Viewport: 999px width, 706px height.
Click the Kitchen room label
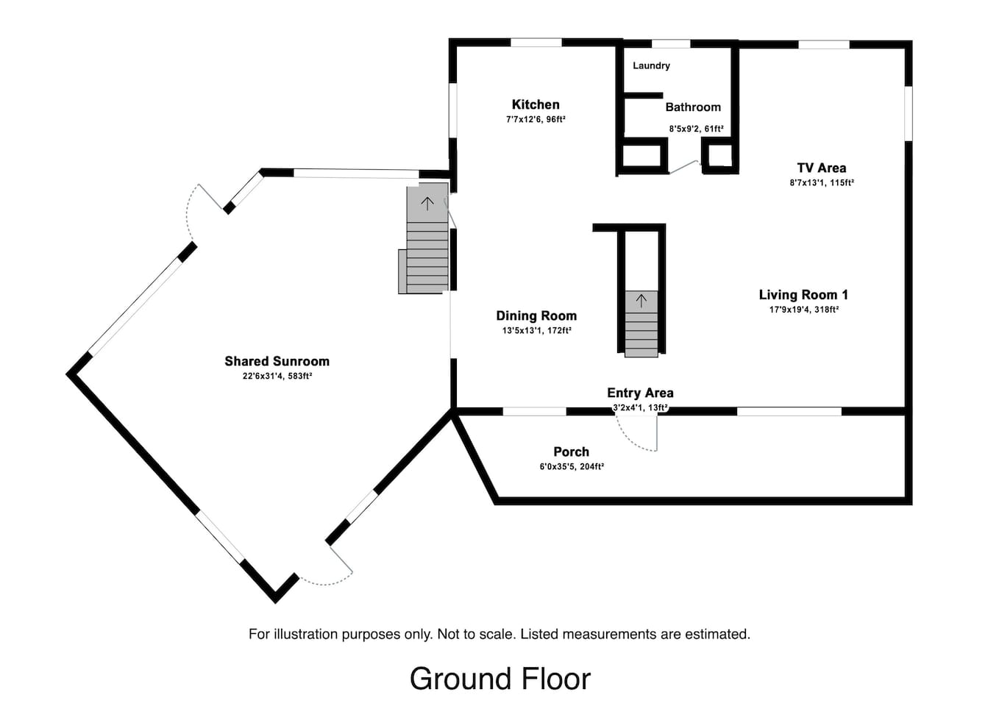pyautogui.click(x=536, y=104)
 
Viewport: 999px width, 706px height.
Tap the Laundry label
pyautogui.click(x=651, y=65)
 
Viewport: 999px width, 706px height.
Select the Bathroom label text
pyautogui.click(x=693, y=107)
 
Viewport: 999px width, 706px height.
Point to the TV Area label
pyautogui.click(x=822, y=168)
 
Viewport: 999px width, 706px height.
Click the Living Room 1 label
pyautogui.click(x=803, y=295)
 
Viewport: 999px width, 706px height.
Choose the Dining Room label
pyautogui.click(x=536, y=315)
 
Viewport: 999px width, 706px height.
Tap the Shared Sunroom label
pyautogui.click(x=277, y=361)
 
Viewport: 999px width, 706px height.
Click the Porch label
pyautogui.click(x=572, y=452)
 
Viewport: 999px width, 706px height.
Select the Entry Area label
pyautogui.click(x=640, y=393)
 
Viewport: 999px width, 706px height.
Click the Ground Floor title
pyautogui.click(x=500, y=678)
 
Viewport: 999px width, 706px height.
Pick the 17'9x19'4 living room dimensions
pyautogui.click(x=789, y=310)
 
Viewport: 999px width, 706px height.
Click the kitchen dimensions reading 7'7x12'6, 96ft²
pyautogui.click(x=536, y=119)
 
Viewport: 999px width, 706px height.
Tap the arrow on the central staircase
pyautogui.click(x=641, y=301)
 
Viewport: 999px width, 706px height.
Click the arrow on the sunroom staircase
pyautogui.click(x=427, y=204)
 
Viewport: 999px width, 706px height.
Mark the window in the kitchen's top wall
pyautogui.click(x=536, y=43)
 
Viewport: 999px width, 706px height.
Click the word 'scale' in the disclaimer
pyautogui.click(x=499, y=634)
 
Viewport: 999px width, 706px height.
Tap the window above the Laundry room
pyautogui.click(x=671, y=43)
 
